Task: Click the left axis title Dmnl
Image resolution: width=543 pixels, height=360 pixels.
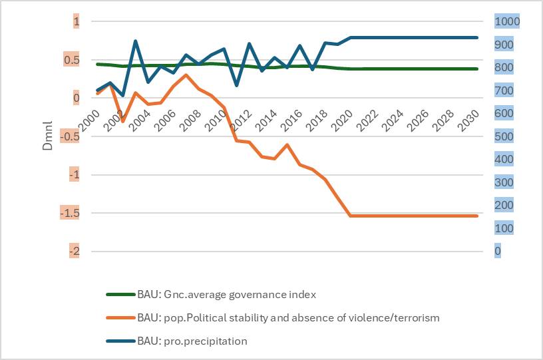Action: pyautogui.click(x=48, y=137)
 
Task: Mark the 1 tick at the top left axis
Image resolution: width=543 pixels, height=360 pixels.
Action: pyautogui.click(x=76, y=22)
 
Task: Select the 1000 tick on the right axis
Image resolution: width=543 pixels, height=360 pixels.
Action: pyautogui.click(x=507, y=22)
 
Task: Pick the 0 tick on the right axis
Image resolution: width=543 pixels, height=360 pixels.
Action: pyautogui.click(x=498, y=251)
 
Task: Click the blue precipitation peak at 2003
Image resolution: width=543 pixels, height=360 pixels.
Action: pyautogui.click(x=135, y=41)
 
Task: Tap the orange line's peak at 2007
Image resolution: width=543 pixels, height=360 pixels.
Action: pyautogui.click(x=186, y=75)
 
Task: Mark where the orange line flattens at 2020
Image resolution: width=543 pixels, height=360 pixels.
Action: pyautogui.click(x=351, y=216)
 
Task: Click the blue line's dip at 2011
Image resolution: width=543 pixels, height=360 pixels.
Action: pyautogui.click(x=236, y=85)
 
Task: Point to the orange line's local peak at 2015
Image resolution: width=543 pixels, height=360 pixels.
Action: pyautogui.click(x=287, y=144)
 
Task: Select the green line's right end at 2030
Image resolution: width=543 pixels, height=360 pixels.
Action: pyautogui.click(x=477, y=69)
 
